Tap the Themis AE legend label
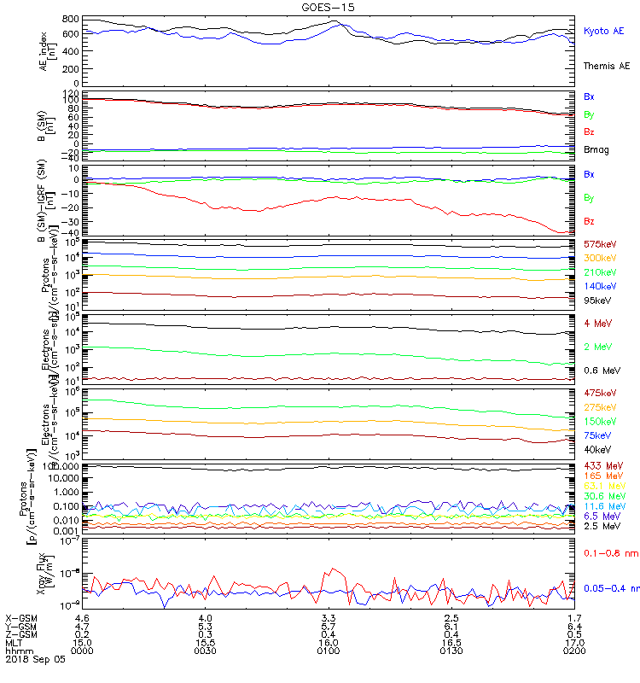coord(606,66)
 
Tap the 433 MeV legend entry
coord(601,465)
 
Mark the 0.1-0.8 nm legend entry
coord(610,554)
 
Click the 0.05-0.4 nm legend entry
coord(611,588)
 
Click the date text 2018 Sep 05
coord(34,659)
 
